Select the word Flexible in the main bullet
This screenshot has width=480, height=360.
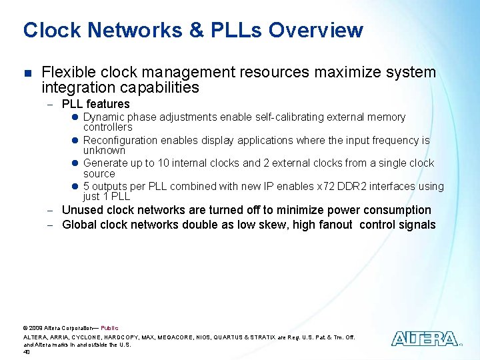[65, 72]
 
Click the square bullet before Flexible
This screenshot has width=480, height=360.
[27, 73]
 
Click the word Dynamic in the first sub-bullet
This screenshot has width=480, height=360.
[105, 117]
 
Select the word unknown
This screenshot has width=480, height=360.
[104, 151]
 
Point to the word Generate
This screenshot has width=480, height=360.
[106, 163]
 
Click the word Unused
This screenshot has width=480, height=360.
[81, 210]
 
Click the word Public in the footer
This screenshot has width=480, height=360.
[109, 328]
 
